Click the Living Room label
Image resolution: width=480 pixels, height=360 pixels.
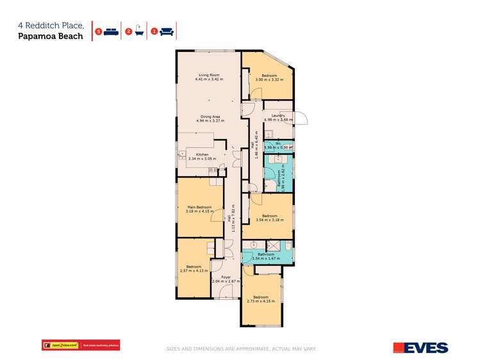pyautogui.click(x=209, y=75)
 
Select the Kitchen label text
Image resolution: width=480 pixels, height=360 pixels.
pyautogui.click(x=203, y=154)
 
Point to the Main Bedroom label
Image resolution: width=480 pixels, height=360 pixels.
pyautogui.click(x=199, y=208)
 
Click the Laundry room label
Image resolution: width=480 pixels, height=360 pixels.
pyautogui.click(x=277, y=115)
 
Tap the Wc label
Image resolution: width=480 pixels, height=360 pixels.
pyautogui.click(x=277, y=143)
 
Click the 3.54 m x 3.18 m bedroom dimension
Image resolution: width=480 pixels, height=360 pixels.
pyautogui.click(x=269, y=220)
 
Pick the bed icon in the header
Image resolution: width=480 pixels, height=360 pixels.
pyautogui.click(x=110, y=31)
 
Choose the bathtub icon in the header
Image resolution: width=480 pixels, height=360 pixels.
pyautogui.click(x=138, y=31)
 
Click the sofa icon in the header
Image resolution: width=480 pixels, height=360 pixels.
pyautogui.click(x=166, y=31)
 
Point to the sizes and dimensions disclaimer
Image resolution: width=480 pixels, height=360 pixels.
pyautogui.click(x=241, y=349)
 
